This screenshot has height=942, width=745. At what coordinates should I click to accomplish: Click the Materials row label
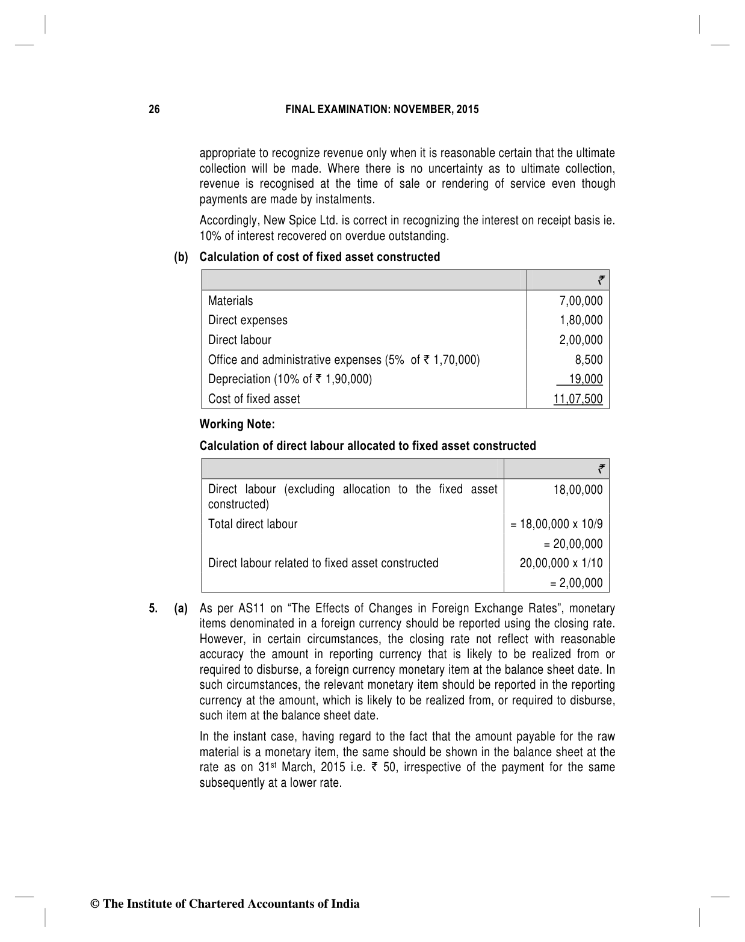[x=230, y=301]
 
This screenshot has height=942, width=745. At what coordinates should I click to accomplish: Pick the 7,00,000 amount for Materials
[x=580, y=301]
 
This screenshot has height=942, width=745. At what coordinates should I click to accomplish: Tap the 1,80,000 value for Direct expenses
[x=580, y=320]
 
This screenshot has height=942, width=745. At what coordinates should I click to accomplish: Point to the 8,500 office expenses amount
[x=589, y=360]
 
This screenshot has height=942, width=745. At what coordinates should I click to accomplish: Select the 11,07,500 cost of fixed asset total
[x=578, y=399]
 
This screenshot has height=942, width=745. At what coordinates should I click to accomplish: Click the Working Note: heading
[x=237, y=424]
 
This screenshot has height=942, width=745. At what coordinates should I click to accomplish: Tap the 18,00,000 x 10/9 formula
[x=556, y=524]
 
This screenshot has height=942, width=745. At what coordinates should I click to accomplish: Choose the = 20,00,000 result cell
[x=573, y=544]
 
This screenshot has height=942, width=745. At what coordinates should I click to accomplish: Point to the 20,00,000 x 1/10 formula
[x=561, y=563]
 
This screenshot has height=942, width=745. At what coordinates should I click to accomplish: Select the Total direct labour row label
[x=253, y=524]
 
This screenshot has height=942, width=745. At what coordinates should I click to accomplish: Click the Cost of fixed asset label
[x=254, y=399]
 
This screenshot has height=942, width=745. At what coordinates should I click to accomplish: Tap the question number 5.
[x=153, y=609]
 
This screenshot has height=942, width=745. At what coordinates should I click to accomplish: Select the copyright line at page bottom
[x=224, y=904]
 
